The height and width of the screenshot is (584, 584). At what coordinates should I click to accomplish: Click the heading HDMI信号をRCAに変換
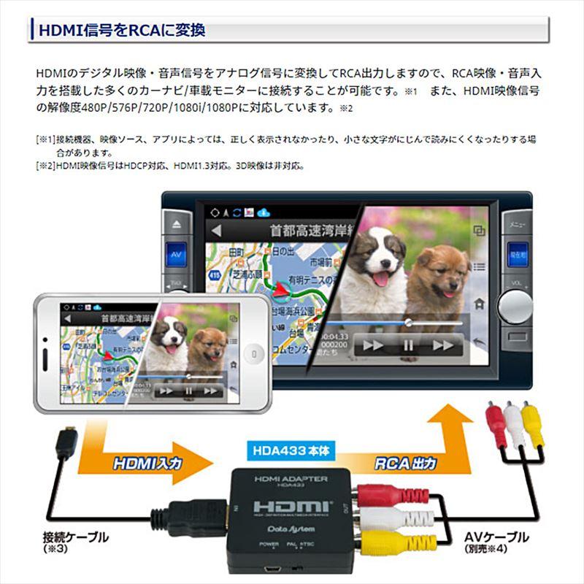[121, 30]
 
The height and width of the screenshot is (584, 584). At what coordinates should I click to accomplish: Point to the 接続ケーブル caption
[76, 538]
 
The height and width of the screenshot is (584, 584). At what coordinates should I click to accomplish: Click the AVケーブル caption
[496, 538]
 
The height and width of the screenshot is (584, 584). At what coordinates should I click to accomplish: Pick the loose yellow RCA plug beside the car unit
[533, 426]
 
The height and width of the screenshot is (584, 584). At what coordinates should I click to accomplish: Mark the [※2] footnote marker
[43, 166]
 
